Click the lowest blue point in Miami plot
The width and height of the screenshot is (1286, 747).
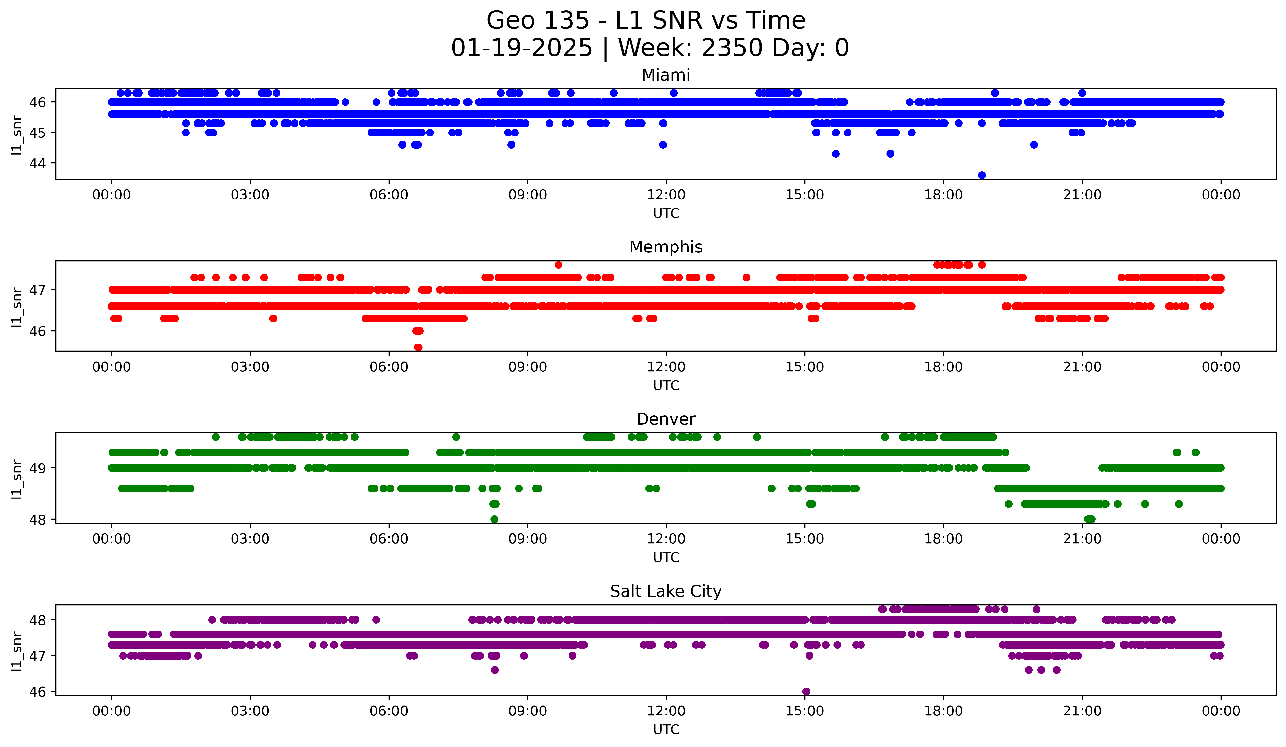click(x=981, y=175)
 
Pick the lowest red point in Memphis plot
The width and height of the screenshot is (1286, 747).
click(x=418, y=347)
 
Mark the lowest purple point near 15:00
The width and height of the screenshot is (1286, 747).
click(x=806, y=691)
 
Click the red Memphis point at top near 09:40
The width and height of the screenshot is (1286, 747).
click(x=558, y=265)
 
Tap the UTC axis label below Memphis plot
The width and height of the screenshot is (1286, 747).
click(x=666, y=385)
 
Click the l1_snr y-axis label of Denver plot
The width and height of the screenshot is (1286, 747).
click(x=17, y=479)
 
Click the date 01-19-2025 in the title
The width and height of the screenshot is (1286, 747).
click(x=521, y=48)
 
